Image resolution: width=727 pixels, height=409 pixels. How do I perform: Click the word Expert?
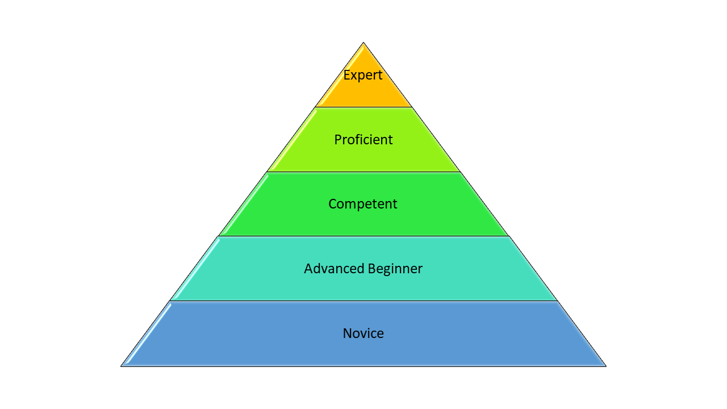[x=363, y=75]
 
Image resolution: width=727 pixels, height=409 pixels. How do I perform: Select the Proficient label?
[x=363, y=140]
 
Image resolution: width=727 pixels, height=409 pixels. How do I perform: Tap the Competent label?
[x=363, y=204]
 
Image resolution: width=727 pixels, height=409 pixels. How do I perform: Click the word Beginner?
[x=395, y=269]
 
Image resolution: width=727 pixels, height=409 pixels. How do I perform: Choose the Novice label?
[x=363, y=333]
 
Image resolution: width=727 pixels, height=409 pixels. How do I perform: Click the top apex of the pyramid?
[x=363, y=43]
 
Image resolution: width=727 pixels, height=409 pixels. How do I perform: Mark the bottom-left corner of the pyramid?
[x=122, y=366]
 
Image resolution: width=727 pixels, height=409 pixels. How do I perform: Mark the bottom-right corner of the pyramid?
[x=605, y=366]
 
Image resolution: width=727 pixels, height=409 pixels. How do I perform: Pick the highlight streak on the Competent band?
[x=245, y=204]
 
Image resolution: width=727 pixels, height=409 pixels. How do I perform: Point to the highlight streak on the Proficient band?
[x=293, y=139]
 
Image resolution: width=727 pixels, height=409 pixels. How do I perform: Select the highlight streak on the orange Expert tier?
[x=341, y=77]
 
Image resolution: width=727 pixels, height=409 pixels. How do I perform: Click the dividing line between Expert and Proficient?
[x=363, y=107]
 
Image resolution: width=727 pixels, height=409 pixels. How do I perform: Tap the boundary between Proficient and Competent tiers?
[x=363, y=172]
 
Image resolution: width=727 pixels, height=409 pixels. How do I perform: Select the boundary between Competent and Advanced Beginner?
[x=363, y=236]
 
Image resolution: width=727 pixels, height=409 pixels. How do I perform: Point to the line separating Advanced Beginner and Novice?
[x=363, y=301]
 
